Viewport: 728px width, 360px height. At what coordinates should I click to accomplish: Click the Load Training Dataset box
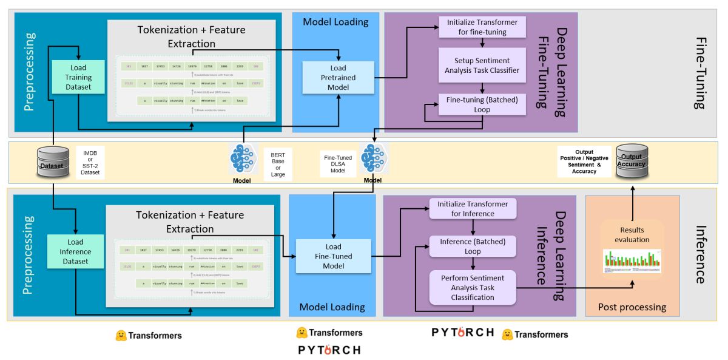[79, 77]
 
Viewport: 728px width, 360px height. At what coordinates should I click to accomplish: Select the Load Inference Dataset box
[75, 252]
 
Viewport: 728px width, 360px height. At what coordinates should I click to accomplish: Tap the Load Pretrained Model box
[338, 78]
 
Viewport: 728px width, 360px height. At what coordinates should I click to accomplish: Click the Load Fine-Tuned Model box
[333, 256]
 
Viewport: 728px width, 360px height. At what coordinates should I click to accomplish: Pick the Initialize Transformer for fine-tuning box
[482, 27]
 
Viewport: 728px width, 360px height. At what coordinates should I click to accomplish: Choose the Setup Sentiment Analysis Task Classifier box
[482, 66]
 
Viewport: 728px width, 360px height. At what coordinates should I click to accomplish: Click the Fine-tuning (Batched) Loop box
[482, 104]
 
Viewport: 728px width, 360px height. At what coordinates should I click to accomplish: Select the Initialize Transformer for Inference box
[473, 209]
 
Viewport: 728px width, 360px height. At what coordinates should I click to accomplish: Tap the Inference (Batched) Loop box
[473, 246]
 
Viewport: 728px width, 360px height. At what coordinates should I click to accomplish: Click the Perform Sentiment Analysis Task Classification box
[472, 288]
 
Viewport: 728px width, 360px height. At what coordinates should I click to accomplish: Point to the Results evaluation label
[632, 235]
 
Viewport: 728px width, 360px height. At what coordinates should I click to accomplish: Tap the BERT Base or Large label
[278, 163]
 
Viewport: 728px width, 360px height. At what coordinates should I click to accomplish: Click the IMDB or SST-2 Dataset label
[91, 163]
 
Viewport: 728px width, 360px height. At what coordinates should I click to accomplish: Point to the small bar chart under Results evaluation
[632, 260]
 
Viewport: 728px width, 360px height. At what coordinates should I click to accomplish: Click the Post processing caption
[632, 307]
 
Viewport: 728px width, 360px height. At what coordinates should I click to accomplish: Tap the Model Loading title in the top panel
[335, 22]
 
